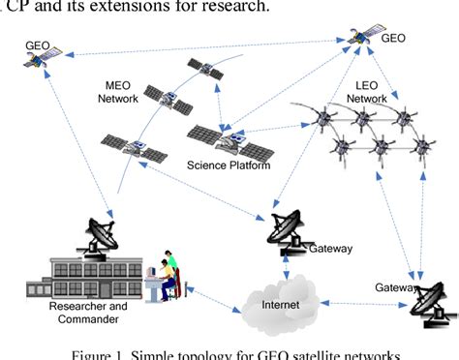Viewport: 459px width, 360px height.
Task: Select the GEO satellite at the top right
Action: point(360,38)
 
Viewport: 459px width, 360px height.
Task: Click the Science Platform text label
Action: point(227,165)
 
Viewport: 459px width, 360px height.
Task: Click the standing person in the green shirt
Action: point(170,261)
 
